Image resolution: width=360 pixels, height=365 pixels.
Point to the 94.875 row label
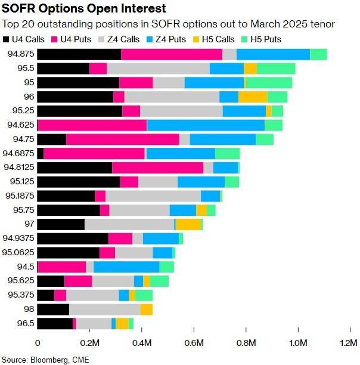coord(20,54)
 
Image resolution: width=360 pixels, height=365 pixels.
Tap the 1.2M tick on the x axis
coord(349,344)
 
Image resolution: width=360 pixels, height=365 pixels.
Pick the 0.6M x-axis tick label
coord(193,344)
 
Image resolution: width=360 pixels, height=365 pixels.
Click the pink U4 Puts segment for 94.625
coord(92,125)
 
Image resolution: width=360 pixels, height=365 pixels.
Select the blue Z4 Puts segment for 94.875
coord(273,54)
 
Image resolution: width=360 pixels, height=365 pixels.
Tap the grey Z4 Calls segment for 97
coord(129,224)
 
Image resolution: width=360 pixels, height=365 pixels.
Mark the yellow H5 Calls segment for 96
coord(253,97)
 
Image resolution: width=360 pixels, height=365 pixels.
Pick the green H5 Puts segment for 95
coord(269,82)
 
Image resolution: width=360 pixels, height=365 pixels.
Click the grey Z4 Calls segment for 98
coord(105,309)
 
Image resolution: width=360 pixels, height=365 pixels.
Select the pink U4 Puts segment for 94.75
coord(123,139)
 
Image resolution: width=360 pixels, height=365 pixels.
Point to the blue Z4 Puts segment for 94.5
coord(126,266)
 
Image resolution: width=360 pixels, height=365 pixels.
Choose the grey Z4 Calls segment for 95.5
coord(158,69)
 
